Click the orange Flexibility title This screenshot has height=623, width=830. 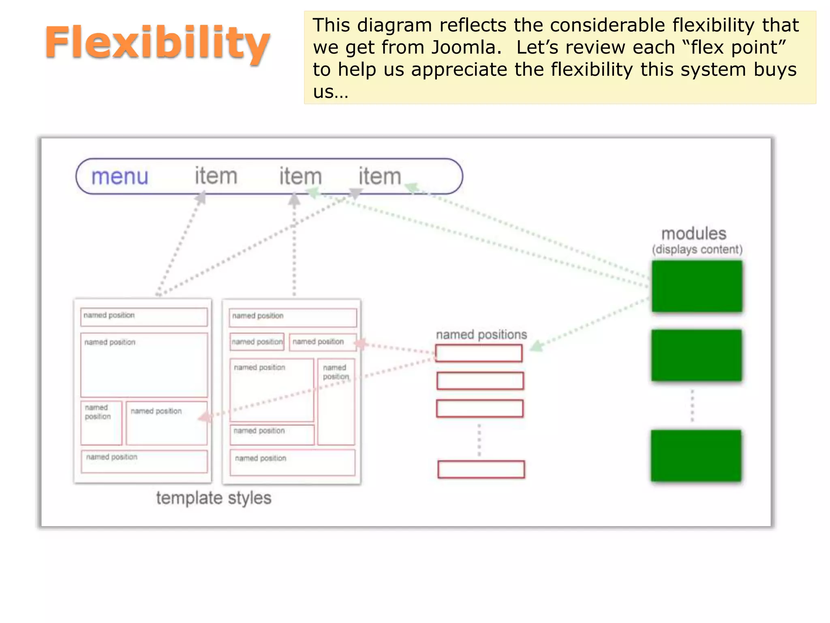(x=157, y=43)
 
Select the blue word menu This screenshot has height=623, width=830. (x=120, y=176)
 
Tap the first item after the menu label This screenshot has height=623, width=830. (x=216, y=176)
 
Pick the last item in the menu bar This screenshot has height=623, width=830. (x=379, y=176)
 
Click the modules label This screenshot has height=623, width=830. (x=693, y=234)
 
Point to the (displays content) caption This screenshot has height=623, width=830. (x=697, y=249)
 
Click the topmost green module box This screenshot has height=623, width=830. (x=697, y=286)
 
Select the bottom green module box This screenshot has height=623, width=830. (x=696, y=455)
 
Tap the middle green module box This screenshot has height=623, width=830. (x=696, y=355)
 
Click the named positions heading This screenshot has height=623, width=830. (x=481, y=335)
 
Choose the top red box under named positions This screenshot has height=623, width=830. (x=479, y=353)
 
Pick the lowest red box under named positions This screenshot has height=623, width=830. (x=481, y=469)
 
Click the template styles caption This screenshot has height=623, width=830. (x=214, y=498)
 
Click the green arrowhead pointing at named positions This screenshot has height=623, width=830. (x=537, y=346)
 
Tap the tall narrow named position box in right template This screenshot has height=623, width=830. (x=336, y=402)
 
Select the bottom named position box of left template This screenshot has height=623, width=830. (x=144, y=462)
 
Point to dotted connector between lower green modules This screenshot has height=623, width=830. (x=692, y=406)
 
